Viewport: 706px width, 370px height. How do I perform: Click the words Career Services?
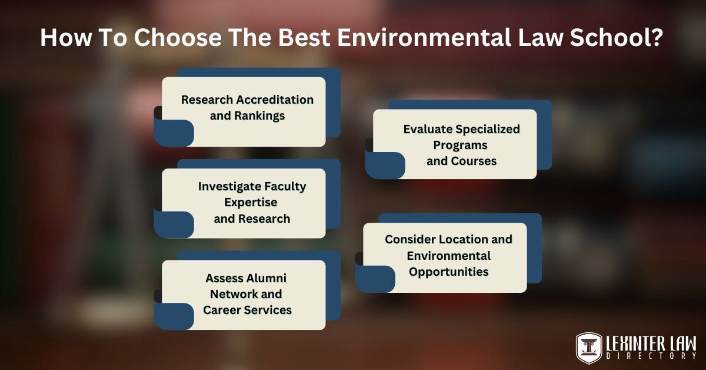tap(247, 310)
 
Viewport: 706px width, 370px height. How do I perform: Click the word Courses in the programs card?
tap(474, 161)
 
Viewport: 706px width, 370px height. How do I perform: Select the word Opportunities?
tap(449, 272)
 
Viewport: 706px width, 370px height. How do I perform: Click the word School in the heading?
tap(615, 38)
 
